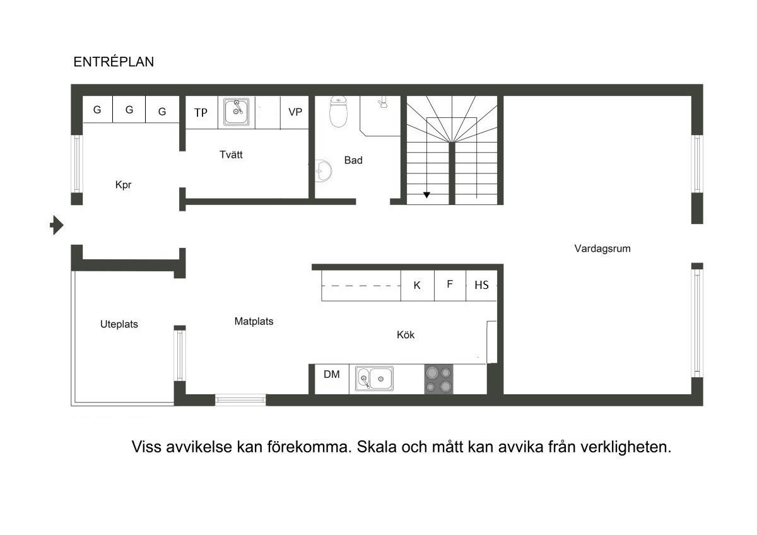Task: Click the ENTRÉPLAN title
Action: point(114,62)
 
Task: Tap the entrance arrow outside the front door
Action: point(57,225)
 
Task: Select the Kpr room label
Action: point(123,185)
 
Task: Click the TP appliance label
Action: point(201,112)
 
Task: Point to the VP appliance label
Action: point(295,112)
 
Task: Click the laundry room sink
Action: point(236,112)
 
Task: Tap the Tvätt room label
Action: point(231,155)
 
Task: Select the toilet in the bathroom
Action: point(338,112)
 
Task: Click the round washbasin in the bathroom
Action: point(324,171)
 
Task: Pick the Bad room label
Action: point(353,160)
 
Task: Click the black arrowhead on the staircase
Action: point(427,195)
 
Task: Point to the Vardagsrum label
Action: point(602,249)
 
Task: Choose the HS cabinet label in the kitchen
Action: point(481,285)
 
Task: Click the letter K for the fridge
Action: point(417,285)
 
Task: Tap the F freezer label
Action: point(449,284)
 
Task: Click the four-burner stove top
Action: point(438,379)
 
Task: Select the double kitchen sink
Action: point(374,379)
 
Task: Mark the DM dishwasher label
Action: point(332,374)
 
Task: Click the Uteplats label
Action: point(119,324)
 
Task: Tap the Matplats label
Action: point(254,321)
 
